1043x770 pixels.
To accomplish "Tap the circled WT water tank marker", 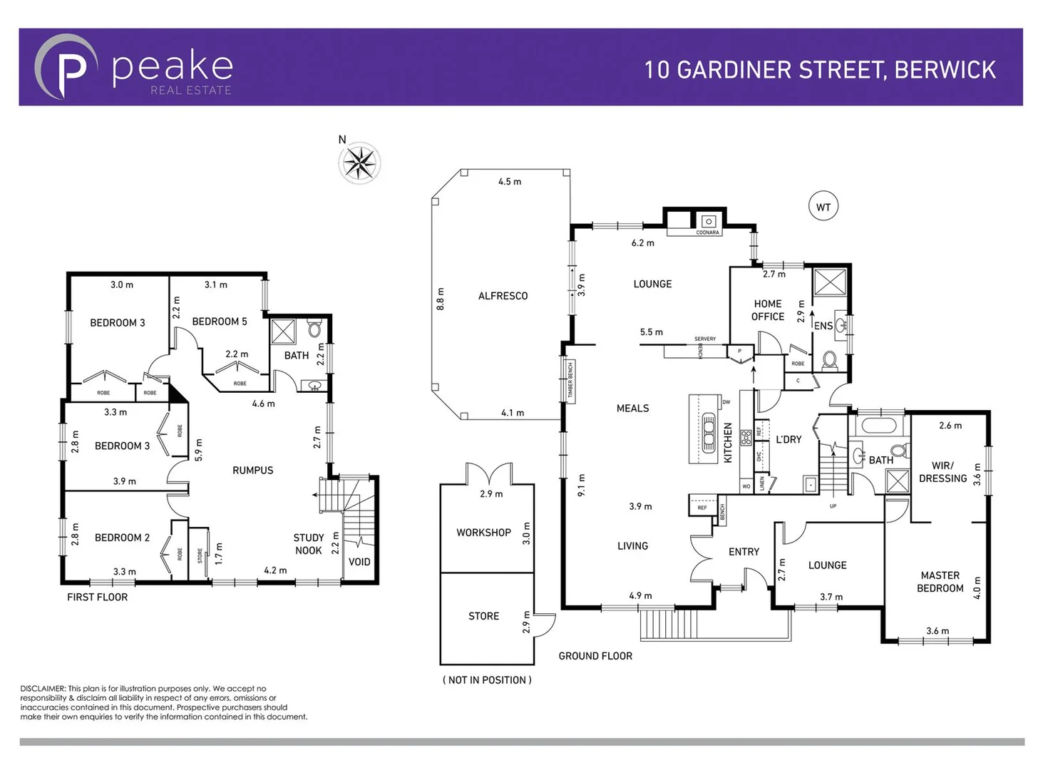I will (x=823, y=207).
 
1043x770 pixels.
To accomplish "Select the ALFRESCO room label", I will (x=503, y=296).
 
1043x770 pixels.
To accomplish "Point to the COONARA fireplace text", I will (x=707, y=232).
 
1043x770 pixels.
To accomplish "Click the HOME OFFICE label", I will (x=768, y=310).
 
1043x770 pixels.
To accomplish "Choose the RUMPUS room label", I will (x=253, y=471).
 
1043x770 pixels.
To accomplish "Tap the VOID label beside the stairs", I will (x=359, y=562).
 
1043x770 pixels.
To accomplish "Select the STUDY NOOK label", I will (x=309, y=544).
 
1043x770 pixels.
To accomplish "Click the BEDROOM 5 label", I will (x=220, y=322).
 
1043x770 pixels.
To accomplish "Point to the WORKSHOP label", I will (x=483, y=533).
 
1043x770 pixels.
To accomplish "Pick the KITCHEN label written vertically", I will (x=728, y=443).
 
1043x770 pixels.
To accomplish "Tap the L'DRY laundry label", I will (x=788, y=440).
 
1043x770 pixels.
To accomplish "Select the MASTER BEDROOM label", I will (x=940, y=582).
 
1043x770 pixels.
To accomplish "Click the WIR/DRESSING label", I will (x=942, y=472).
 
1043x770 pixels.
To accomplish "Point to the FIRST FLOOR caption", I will (x=98, y=597).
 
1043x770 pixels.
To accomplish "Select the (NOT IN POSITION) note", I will (x=487, y=680).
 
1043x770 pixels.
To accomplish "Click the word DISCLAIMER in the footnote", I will (x=43, y=689).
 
